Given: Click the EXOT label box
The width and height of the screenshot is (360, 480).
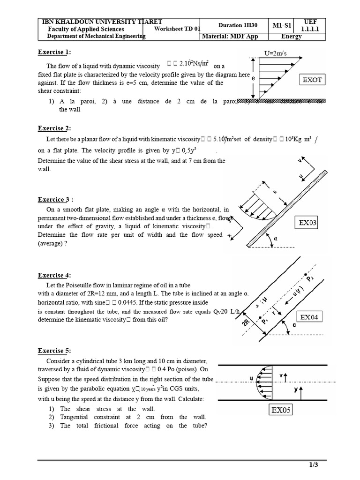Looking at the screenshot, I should click(313, 80).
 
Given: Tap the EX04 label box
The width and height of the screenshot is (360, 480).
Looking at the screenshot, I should click(309, 317).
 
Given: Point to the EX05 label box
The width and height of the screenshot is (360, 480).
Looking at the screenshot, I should click(281, 411).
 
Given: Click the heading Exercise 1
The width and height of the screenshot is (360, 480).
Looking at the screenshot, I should click(56, 52).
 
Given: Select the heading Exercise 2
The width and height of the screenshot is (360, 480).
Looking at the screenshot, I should click(56, 128).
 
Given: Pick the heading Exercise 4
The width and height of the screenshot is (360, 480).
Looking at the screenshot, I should click(56, 275).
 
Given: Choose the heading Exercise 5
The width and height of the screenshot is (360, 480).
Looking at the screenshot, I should click(56, 351).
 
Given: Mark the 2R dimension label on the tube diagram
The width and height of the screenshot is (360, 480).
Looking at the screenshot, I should click(247, 325).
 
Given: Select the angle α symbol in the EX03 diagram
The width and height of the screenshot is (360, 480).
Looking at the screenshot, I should click(276, 238).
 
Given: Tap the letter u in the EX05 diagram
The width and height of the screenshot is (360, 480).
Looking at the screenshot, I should click(252, 378).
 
